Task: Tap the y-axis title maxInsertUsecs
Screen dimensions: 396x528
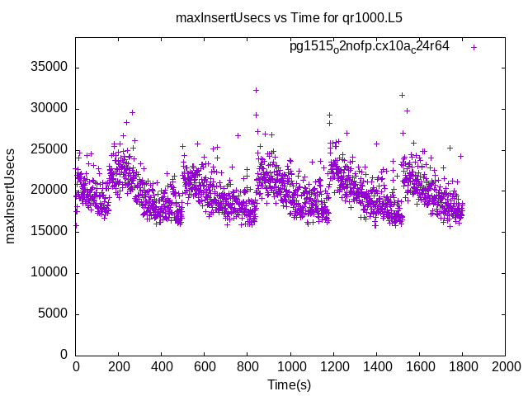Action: pos(11,196)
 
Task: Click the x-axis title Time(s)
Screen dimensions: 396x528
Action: pos(290,385)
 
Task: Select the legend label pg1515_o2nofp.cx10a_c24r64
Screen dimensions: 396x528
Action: pos(369,46)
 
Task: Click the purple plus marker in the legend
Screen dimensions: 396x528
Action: pos(474,47)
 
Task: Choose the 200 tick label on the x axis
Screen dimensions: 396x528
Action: pos(119,367)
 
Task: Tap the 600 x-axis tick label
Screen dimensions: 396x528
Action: pos(205,367)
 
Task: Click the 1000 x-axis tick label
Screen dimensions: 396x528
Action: pos(290,367)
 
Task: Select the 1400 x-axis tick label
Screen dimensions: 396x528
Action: pos(376,367)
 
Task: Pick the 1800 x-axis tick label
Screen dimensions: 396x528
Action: pos(462,367)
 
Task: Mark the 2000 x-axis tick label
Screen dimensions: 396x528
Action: pos(505,367)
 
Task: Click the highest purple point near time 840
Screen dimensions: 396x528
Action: pos(256,90)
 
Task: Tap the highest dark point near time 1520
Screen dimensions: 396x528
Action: pos(402,95)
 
